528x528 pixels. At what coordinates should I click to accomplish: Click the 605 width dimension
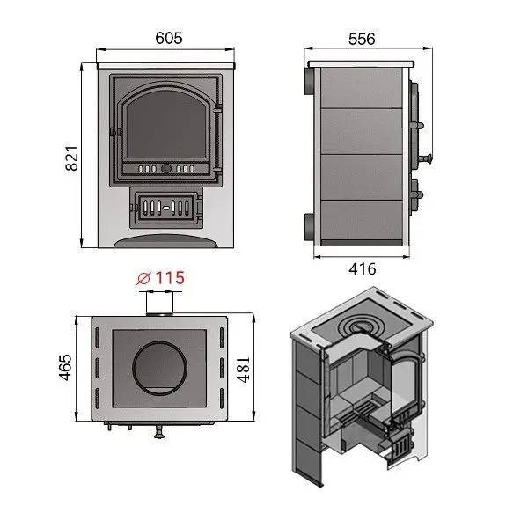[x=169, y=38]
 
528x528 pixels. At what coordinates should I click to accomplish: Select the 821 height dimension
[x=72, y=158]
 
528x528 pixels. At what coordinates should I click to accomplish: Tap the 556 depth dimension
[x=362, y=39]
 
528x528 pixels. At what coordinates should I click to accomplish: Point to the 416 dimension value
[x=363, y=269]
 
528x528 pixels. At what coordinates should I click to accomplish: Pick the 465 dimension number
[x=65, y=367]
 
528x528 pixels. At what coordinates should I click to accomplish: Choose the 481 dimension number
[x=243, y=370]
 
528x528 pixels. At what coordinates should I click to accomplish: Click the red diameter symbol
[x=143, y=278]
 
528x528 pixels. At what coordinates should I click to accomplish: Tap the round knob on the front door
[x=166, y=168]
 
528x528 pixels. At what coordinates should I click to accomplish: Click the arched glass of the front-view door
[x=166, y=125]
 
